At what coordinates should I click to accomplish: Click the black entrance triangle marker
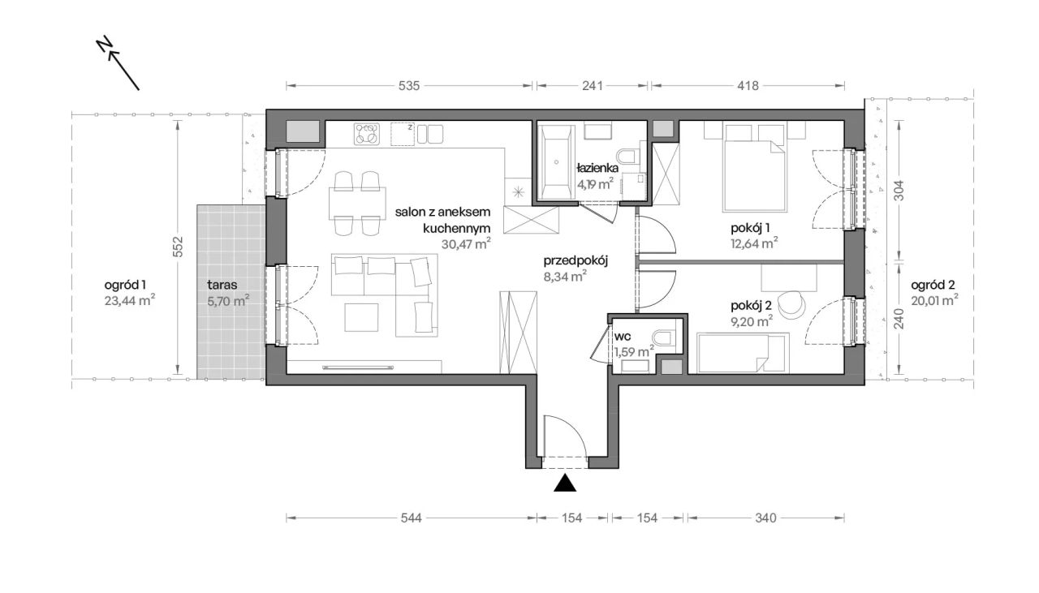565,483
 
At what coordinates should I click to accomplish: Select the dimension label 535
409,86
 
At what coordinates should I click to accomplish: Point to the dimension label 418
748,86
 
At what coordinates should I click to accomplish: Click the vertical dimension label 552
178,247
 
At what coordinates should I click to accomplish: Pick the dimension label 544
412,518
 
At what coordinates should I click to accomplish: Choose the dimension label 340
765,518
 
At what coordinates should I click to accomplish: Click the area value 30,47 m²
466,244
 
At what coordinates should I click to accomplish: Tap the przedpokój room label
576,261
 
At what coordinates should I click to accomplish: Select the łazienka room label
597,168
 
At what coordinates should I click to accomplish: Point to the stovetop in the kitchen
366,134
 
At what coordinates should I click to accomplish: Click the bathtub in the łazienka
556,161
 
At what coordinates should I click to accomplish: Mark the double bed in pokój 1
754,176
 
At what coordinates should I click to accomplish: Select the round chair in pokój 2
791,305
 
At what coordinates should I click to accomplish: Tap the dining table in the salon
357,203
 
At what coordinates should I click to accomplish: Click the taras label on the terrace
222,285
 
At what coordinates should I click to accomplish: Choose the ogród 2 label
933,286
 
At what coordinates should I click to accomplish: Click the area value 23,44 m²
129,300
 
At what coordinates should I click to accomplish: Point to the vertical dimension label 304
899,190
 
